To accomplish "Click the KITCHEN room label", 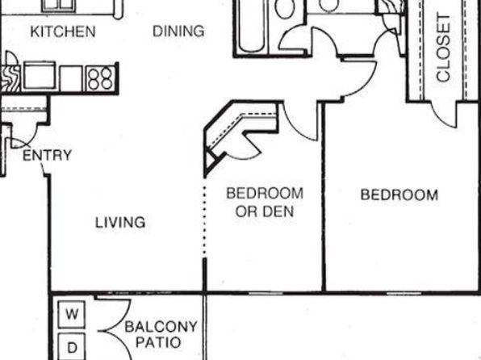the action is coord(63,31).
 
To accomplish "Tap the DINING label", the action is coord(178,31).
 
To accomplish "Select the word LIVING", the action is coord(120,223).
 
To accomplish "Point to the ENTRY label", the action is coord(48,155).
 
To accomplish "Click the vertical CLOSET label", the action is coord(444,48).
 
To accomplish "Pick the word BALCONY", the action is coord(161,327).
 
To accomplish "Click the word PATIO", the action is coord(158,342).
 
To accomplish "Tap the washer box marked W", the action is coord(72,314).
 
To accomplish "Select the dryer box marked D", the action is coord(72,347).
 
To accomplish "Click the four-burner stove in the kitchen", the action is coord(100,78).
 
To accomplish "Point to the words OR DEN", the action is coord(265,211).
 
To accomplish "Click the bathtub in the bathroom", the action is coord(251,26).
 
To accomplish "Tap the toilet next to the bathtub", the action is coord(285,9).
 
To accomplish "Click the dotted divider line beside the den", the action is coord(205,220).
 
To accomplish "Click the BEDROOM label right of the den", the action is coord(399,195).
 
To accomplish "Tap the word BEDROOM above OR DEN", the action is coord(265,194).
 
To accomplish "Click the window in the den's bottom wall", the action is coord(266,294).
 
